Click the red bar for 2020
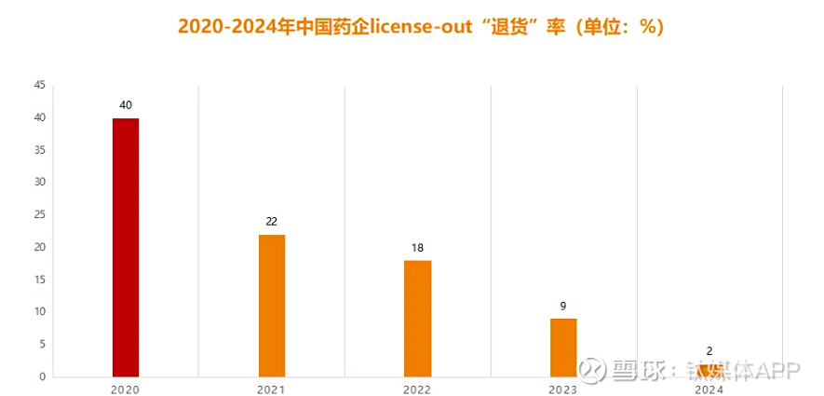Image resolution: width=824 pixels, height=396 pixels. (126, 247)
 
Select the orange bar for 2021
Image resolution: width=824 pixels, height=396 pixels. (271, 306)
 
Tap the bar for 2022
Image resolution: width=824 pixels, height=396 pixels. (417, 319)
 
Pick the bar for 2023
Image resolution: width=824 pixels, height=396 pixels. (563, 348)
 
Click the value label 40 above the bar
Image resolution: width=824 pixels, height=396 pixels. (126, 105)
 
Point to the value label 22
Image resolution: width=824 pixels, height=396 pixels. (271, 222)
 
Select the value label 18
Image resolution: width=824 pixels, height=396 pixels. (417, 248)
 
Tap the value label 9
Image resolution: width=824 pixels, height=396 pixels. (563, 306)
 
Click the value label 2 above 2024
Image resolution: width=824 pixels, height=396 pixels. (709, 351)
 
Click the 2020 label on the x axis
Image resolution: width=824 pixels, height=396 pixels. (126, 389)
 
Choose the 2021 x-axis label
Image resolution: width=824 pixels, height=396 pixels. (271, 389)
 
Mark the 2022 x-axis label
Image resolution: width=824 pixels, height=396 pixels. (417, 389)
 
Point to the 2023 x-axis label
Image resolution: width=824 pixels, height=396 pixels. (563, 389)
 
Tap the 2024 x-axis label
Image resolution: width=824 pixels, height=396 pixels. (709, 389)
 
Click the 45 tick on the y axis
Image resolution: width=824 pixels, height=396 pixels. (39, 86)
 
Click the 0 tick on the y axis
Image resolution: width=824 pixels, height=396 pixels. (42, 377)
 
